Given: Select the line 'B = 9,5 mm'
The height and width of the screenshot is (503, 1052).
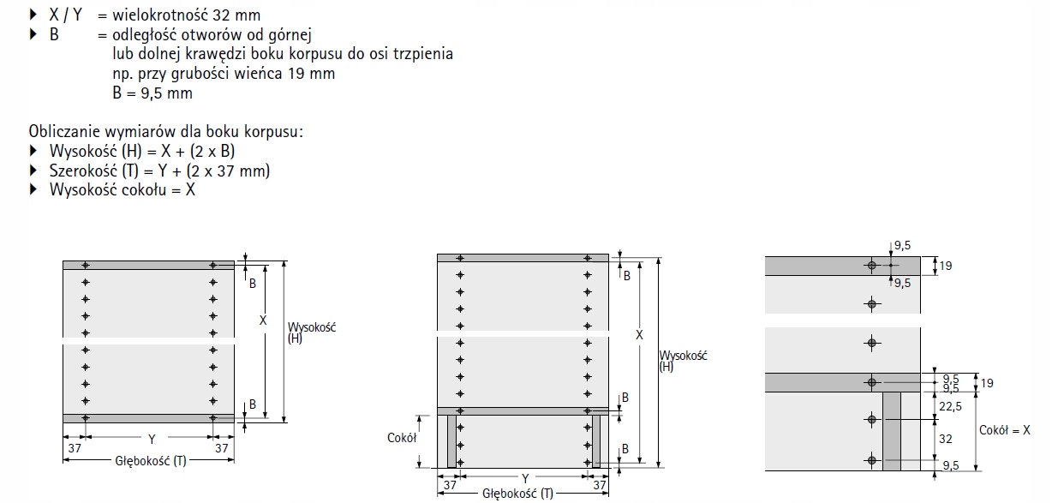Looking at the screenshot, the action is point(152,93).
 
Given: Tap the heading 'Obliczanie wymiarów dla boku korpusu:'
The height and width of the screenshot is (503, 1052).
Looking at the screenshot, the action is point(166,132).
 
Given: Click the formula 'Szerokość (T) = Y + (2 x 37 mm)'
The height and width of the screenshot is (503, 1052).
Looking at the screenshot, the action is point(160,171).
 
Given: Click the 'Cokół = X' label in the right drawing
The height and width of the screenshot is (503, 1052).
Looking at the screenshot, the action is point(1005,429).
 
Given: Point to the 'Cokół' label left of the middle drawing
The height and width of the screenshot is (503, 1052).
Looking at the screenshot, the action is point(401,437).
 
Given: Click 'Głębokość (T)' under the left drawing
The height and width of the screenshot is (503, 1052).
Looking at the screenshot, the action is point(151,461).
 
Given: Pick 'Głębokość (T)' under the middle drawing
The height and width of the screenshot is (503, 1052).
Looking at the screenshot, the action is point(517,493).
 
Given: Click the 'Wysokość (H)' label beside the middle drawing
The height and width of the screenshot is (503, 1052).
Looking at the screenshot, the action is point(682,361).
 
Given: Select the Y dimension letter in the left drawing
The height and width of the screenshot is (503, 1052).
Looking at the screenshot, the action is point(151,440).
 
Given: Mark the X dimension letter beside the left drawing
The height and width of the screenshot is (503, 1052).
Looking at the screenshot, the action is point(263,320).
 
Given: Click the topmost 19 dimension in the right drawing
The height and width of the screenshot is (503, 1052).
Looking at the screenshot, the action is point(945,266).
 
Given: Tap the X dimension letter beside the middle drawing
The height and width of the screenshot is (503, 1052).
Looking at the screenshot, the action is point(639,335).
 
